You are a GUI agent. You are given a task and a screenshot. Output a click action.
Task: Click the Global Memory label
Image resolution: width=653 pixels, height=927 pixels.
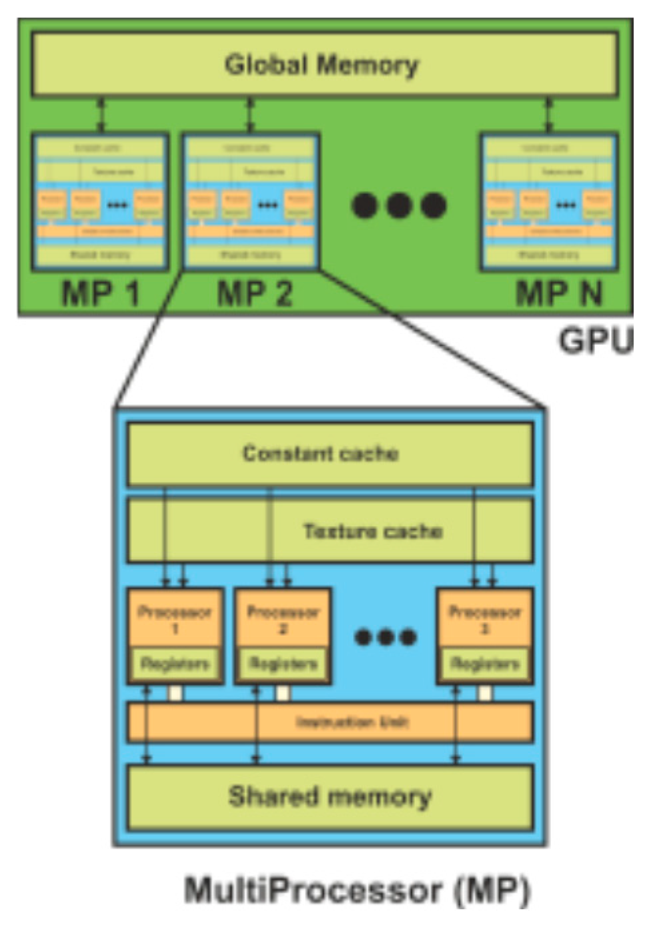[x=321, y=65]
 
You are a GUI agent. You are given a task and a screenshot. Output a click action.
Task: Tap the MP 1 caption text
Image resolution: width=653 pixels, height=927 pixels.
[x=100, y=293]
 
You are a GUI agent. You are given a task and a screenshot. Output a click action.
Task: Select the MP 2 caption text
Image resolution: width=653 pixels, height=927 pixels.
[x=255, y=293]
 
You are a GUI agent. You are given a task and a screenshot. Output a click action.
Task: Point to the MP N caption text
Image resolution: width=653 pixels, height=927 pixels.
[x=559, y=293]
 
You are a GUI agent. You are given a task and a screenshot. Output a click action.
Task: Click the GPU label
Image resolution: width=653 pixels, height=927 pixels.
[x=595, y=340]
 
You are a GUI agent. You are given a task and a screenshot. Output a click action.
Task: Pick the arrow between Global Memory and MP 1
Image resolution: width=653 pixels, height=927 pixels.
[x=101, y=115]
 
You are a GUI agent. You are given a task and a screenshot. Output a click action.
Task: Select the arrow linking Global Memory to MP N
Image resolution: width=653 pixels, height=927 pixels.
[x=548, y=115]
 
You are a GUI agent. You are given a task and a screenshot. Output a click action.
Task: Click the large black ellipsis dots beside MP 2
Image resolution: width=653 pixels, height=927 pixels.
[x=398, y=205]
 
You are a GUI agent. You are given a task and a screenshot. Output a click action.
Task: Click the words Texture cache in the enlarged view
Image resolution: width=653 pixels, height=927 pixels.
[x=373, y=531]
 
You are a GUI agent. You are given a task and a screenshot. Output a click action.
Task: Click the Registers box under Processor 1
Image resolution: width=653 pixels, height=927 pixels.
[x=175, y=664]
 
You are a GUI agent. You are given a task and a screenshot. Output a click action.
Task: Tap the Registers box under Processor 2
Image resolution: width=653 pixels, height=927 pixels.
[x=283, y=664]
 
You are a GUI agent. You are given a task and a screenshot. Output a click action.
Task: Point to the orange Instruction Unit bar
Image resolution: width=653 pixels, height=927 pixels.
[x=330, y=722]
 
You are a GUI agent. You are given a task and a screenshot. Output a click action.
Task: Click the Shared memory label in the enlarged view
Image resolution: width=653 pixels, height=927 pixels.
[x=330, y=796]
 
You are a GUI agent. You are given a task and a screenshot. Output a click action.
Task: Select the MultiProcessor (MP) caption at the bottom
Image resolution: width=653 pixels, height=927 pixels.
[x=357, y=890]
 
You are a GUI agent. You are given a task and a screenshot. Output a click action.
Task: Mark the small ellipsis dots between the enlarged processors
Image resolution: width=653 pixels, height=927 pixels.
[x=386, y=638]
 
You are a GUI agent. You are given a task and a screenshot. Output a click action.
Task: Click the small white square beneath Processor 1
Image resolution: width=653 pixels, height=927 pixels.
[x=175, y=694]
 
